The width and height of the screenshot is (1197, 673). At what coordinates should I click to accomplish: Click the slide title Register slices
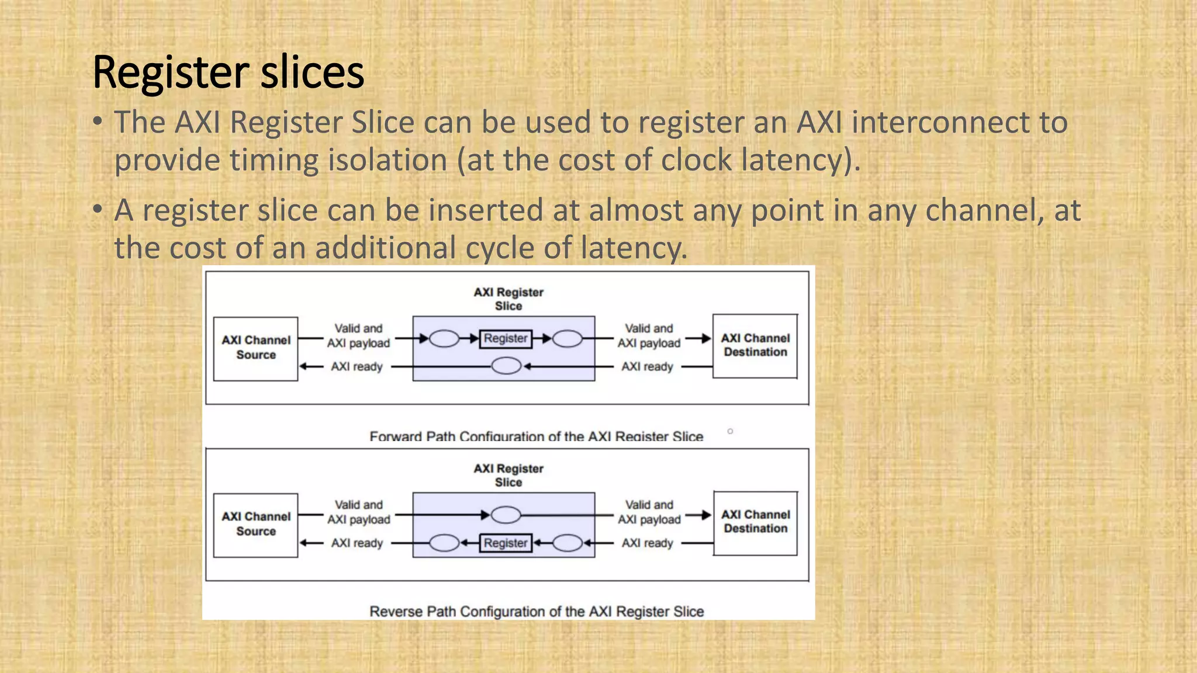[228, 72]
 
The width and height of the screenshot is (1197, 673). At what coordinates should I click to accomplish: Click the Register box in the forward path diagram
[506, 338]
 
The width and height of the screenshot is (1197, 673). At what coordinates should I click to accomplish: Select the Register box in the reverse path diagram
[506, 543]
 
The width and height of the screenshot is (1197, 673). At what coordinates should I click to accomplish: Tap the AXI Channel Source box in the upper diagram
[255, 349]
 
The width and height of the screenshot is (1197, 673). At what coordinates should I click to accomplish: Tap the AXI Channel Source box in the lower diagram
[255, 525]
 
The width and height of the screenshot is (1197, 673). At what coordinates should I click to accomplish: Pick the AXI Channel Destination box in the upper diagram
[755, 346]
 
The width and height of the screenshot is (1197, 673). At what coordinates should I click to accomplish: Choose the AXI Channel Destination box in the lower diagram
[755, 522]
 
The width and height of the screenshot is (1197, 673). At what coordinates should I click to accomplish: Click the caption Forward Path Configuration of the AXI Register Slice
[536, 436]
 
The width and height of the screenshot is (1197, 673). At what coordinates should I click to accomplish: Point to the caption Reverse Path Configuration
[536, 611]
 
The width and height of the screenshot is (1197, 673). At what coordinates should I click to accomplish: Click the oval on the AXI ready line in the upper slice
[506, 366]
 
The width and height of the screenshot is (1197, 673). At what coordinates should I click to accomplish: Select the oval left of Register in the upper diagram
[444, 338]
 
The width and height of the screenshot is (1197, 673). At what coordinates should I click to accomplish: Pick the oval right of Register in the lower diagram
[567, 543]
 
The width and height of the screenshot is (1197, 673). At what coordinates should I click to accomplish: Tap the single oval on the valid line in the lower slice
[506, 515]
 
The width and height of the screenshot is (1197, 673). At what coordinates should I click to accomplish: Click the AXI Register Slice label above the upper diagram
[508, 299]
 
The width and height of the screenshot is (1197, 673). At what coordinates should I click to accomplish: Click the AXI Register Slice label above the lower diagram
[508, 475]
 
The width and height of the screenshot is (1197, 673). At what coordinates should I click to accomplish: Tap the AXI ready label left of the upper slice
[357, 366]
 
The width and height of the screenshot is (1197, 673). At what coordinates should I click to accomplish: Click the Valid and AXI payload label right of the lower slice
[649, 512]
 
